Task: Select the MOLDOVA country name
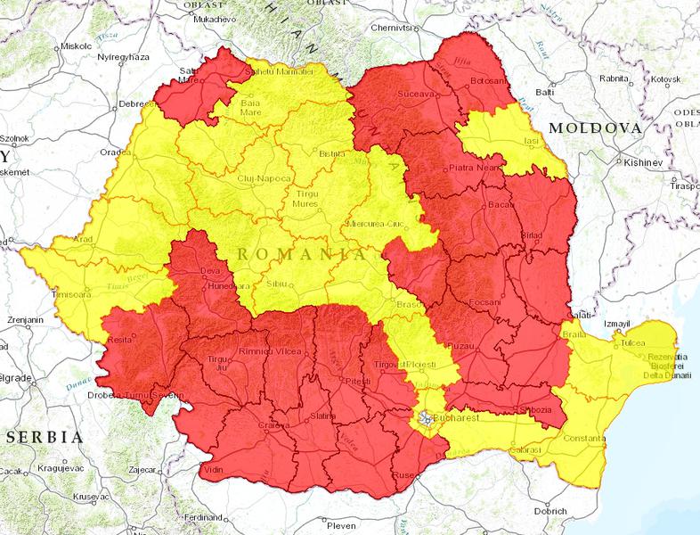pyautogui.click(x=595, y=128)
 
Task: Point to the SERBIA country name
pyautogui.click(x=44, y=437)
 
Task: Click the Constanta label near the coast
pyautogui.click(x=582, y=440)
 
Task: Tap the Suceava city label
pyautogui.click(x=416, y=93)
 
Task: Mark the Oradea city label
pyautogui.click(x=115, y=152)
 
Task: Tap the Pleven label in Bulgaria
pyautogui.click(x=341, y=525)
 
